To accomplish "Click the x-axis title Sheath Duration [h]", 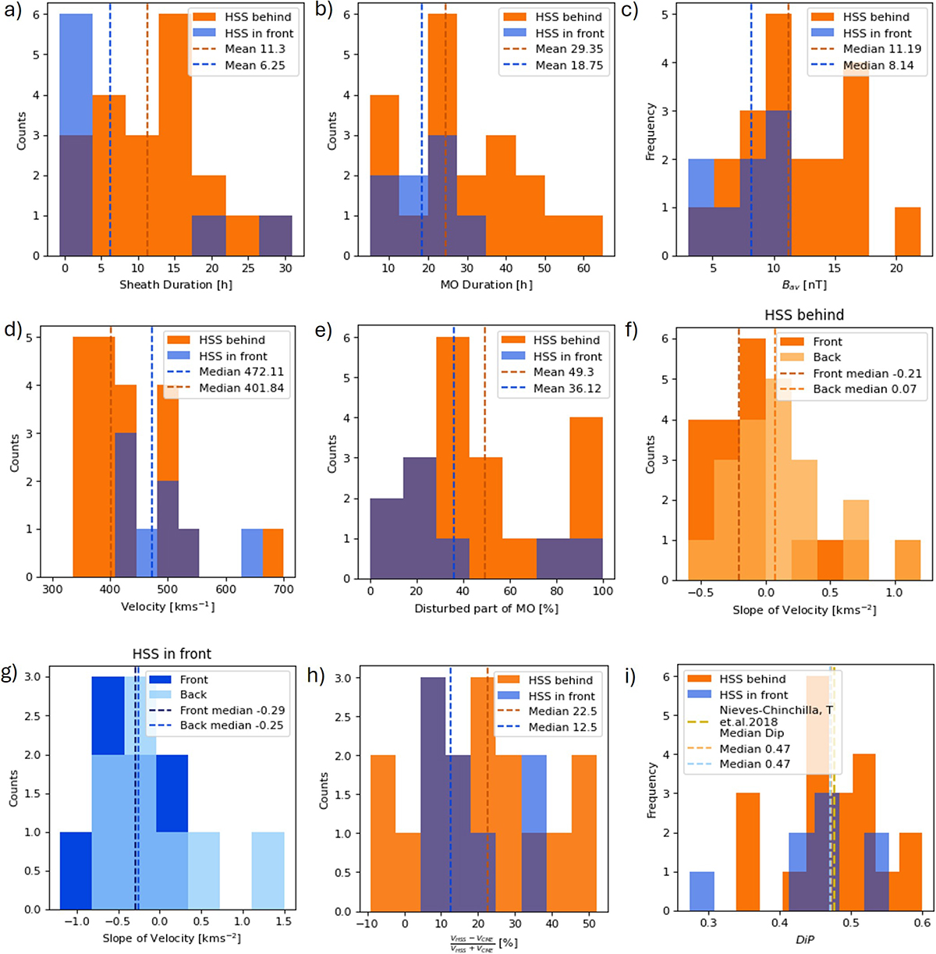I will click(x=175, y=285).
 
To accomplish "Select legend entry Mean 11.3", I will click(x=255, y=49).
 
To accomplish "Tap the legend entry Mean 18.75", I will click(x=569, y=66).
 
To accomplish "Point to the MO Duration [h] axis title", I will click(x=486, y=285).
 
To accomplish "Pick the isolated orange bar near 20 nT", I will click(x=908, y=231).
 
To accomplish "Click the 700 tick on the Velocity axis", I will click(x=283, y=590).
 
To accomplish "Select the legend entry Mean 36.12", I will click(x=567, y=388).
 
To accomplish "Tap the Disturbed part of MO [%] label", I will click(x=486, y=608).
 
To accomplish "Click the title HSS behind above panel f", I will click(x=804, y=315).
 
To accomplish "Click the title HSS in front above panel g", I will click(x=172, y=654).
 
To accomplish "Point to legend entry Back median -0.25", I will click(x=232, y=725).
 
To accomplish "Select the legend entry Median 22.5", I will click(x=562, y=711).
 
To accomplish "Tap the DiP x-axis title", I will click(x=804, y=941).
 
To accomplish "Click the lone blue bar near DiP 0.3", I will click(x=701, y=891).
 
